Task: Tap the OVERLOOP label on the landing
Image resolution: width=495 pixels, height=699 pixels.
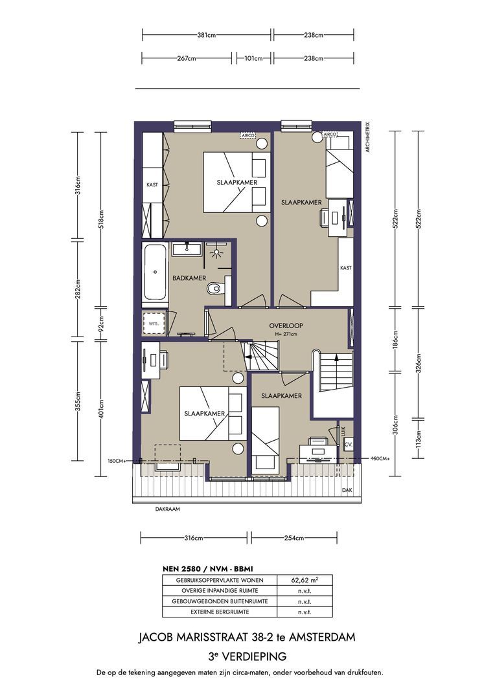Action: click(286, 326)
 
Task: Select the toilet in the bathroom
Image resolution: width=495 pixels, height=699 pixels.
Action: click(213, 289)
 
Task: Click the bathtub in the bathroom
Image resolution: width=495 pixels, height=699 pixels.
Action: click(154, 272)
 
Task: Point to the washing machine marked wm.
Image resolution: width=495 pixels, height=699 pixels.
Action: click(154, 322)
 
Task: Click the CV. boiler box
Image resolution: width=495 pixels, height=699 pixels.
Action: click(348, 445)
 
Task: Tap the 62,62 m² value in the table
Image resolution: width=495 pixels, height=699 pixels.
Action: click(305, 580)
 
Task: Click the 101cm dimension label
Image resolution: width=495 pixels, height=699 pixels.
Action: click(253, 58)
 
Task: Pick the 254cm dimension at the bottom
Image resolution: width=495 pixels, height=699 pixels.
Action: click(294, 538)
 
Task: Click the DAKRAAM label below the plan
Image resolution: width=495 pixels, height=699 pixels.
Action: click(167, 509)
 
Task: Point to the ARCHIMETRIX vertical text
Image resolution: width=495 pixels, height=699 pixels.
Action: click(367, 137)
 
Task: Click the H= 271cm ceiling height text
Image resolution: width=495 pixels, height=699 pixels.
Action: click(286, 334)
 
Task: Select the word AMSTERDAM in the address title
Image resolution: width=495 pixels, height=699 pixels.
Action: click(324, 638)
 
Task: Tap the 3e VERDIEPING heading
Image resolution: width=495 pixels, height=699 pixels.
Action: click(247, 656)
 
